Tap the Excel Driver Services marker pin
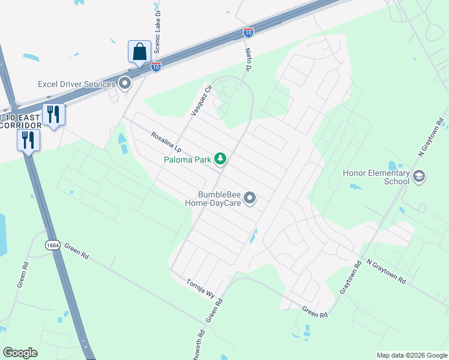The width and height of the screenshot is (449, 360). point(125,83)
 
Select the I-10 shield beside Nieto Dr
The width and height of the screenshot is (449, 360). point(248,32)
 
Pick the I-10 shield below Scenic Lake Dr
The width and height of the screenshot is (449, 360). point(156,67)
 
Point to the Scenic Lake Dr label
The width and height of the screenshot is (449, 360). point(159,25)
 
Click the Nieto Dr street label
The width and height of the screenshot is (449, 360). point(248,58)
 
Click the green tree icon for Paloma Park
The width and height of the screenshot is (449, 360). point(221,158)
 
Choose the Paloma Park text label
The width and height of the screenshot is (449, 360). point(187,159)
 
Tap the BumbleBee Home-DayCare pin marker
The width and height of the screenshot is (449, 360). point(251,197)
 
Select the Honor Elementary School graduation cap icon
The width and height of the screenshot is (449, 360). point(419,176)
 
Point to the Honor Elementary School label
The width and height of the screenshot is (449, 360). point(376,177)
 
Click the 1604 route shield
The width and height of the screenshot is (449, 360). point(52,245)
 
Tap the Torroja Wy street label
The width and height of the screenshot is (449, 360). point(200,289)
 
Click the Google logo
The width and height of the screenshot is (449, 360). point(20,353)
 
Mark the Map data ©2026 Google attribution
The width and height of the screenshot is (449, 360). point(412,355)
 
